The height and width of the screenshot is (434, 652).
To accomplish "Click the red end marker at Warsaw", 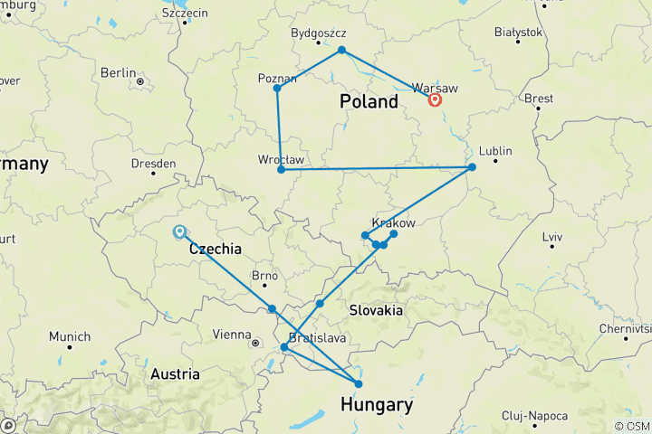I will coord(435,99).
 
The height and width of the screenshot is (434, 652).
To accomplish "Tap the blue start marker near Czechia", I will coord(179,231).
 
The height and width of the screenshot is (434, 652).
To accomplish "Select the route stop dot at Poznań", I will coord(277,88).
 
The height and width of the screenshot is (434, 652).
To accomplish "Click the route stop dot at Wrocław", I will coord(281,169).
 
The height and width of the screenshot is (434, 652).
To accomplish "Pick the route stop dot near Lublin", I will coord(472,167).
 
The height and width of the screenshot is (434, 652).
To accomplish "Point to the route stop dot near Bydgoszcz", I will coord(341,50).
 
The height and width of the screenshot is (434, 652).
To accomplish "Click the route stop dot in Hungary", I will coord(359,384).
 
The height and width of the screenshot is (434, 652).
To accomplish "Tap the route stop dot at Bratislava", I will coord(284,347).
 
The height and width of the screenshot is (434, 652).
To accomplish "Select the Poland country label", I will coord(369,101).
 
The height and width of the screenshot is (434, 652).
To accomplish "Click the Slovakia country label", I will coord(376,310).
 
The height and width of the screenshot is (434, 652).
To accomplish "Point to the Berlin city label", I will coord(119,72).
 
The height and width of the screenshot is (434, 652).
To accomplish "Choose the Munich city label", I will coord(70,336).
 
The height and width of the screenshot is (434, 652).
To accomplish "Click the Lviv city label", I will coord(552,236).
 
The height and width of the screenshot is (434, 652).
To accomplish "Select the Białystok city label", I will coord(518,32).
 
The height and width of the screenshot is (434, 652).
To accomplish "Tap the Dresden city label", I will coord(152,164).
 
